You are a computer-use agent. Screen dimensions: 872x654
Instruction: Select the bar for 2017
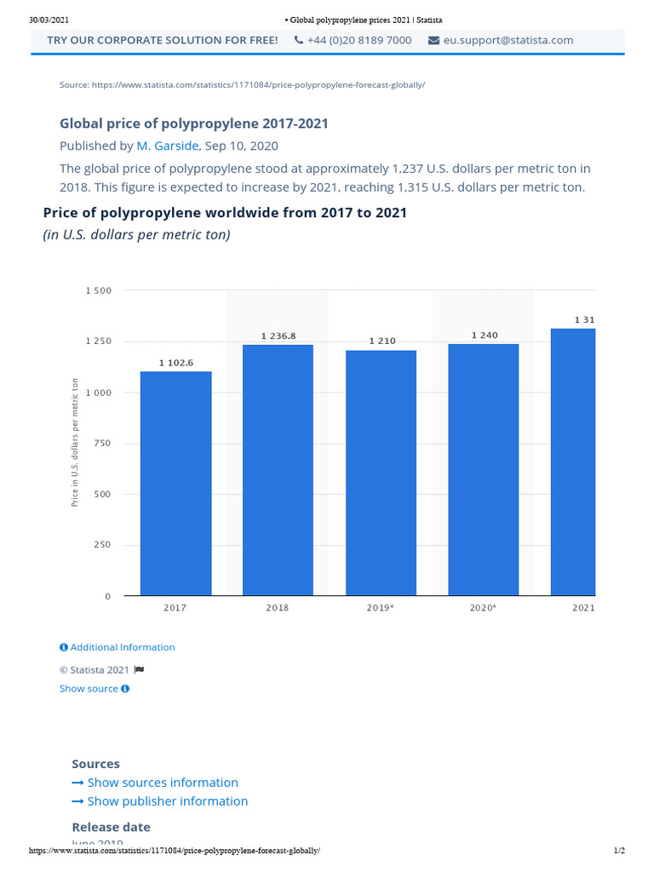(175, 483)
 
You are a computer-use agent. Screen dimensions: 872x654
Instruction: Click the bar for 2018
(278, 469)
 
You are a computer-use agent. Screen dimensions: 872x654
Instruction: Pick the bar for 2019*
(381, 473)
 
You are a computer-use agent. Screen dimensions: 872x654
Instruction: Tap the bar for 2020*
(483, 469)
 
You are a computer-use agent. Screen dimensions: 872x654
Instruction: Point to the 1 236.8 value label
(278, 336)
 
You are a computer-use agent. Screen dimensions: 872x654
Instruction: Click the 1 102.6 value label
(176, 363)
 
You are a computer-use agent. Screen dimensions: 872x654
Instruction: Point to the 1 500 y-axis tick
(99, 290)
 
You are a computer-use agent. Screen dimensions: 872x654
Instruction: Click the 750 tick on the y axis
(102, 444)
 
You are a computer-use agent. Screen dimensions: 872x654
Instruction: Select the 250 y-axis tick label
(102, 545)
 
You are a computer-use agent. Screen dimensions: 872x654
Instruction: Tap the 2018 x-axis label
(278, 608)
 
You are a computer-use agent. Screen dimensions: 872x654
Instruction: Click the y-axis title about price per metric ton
(75, 443)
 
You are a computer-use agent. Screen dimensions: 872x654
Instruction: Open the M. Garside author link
(168, 146)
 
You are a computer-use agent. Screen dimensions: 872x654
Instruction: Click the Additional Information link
(122, 647)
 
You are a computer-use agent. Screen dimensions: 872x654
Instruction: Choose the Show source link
(89, 689)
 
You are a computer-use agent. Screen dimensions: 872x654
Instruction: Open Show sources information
(162, 783)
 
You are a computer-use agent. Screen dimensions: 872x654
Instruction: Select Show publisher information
(167, 801)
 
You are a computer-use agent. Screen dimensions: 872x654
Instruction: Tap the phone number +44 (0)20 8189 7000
(359, 40)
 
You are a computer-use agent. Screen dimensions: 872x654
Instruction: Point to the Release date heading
(111, 827)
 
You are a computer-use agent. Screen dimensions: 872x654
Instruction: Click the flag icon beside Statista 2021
(139, 670)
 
